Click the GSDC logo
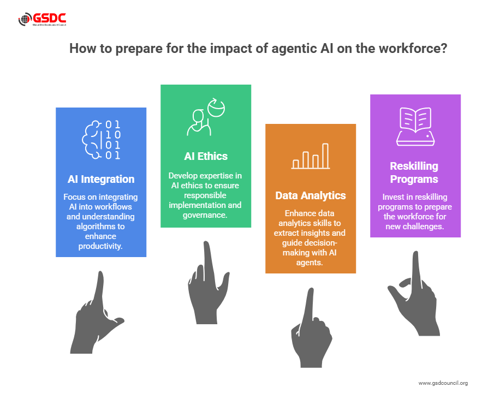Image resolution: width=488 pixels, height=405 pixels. click(42, 19)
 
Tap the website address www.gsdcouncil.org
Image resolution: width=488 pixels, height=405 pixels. click(443, 383)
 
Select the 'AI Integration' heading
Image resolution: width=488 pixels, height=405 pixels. click(101, 180)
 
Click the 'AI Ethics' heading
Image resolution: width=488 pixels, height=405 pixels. click(206, 156)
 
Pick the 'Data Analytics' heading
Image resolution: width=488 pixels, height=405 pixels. click(311, 195)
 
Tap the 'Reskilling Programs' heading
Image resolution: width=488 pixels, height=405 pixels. click(414, 173)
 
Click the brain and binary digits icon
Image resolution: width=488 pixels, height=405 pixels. click(101, 140)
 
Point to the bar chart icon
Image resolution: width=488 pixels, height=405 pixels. click(310, 156)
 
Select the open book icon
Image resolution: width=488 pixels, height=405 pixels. click(415, 127)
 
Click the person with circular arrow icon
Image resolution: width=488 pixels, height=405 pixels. click(206, 117)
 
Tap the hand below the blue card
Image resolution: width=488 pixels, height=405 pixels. click(97, 313)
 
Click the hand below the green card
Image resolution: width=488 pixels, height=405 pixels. click(208, 283)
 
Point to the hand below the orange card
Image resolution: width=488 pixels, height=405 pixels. click(311, 328)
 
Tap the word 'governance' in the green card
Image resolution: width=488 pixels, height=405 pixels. click(204, 215)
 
